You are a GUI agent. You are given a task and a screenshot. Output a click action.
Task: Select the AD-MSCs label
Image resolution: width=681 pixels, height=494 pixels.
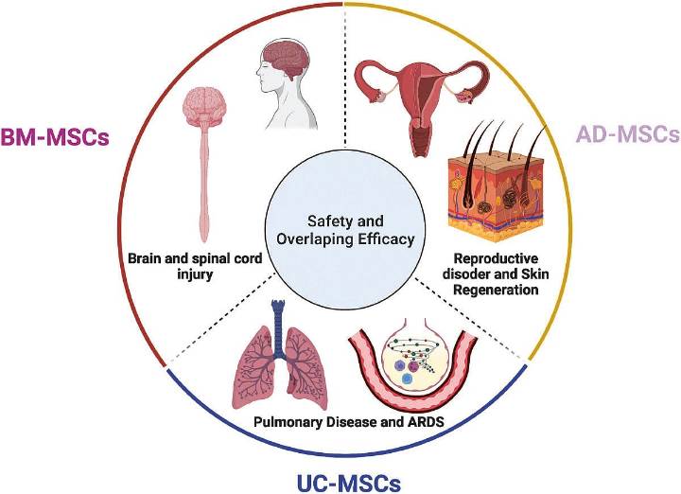[627, 133]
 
